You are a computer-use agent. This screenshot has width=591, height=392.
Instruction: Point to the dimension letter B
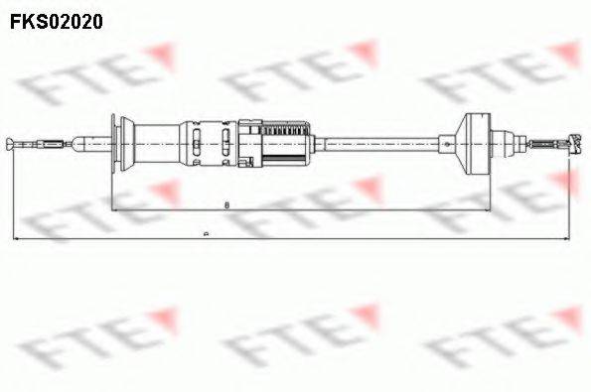tap(227, 205)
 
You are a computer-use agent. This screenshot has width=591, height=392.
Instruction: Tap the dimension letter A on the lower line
tap(205, 235)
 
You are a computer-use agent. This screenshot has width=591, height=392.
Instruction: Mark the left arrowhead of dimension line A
tap(16, 239)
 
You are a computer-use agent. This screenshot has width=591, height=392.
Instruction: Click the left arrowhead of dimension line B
tap(115, 211)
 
